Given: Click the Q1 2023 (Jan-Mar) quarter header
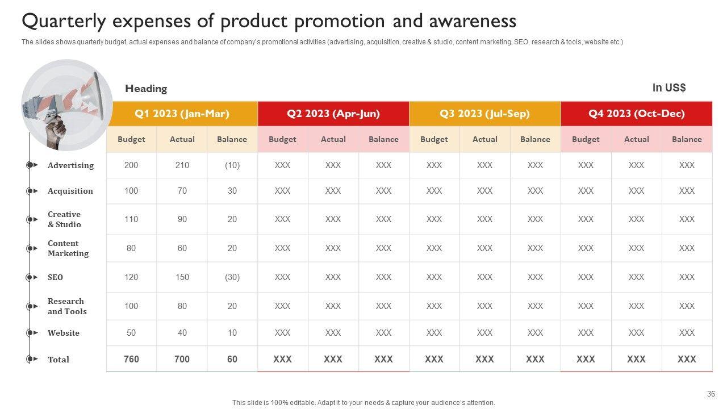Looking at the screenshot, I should pyautogui.click(x=182, y=114).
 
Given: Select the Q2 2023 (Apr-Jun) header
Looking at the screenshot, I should pyautogui.click(x=333, y=114).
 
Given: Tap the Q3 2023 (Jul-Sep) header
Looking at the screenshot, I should pyautogui.click(x=484, y=114).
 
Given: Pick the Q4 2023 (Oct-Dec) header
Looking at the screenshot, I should pyautogui.click(x=636, y=114).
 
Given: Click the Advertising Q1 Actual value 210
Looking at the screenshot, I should pyautogui.click(x=182, y=165).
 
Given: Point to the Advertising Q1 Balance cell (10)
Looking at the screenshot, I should pyautogui.click(x=232, y=165).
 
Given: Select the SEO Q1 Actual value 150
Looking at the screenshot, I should pyautogui.click(x=182, y=277).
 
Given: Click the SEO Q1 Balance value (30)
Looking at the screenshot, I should pyautogui.click(x=232, y=277).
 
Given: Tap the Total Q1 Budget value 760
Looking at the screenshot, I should pyautogui.click(x=131, y=359).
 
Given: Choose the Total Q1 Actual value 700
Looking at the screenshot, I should pyautogui.click(x=182, y=359).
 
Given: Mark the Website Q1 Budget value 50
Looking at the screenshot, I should pyautogui.click(x=131, y=333).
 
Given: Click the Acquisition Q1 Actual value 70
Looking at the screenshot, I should pyautogui.click(x=182, y=191).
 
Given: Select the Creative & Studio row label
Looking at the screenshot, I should pyautogui.click(x=64, y=219).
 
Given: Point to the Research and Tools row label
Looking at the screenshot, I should pyautogui.click(x=67, y=306).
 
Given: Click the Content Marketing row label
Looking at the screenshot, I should pyautogui.click(x=68, y=248).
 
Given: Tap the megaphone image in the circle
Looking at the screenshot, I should pyautogui.click(x=66, y=105).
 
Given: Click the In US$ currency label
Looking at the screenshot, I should pyautogui.click(x=669, y=88).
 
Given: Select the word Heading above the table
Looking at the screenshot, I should pyautogui.click(x=146, y=89).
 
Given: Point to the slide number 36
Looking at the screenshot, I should pyautogui.click(x=711, y=394).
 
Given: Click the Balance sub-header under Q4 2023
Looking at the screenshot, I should pyautogui.click(x=687, y=139).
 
